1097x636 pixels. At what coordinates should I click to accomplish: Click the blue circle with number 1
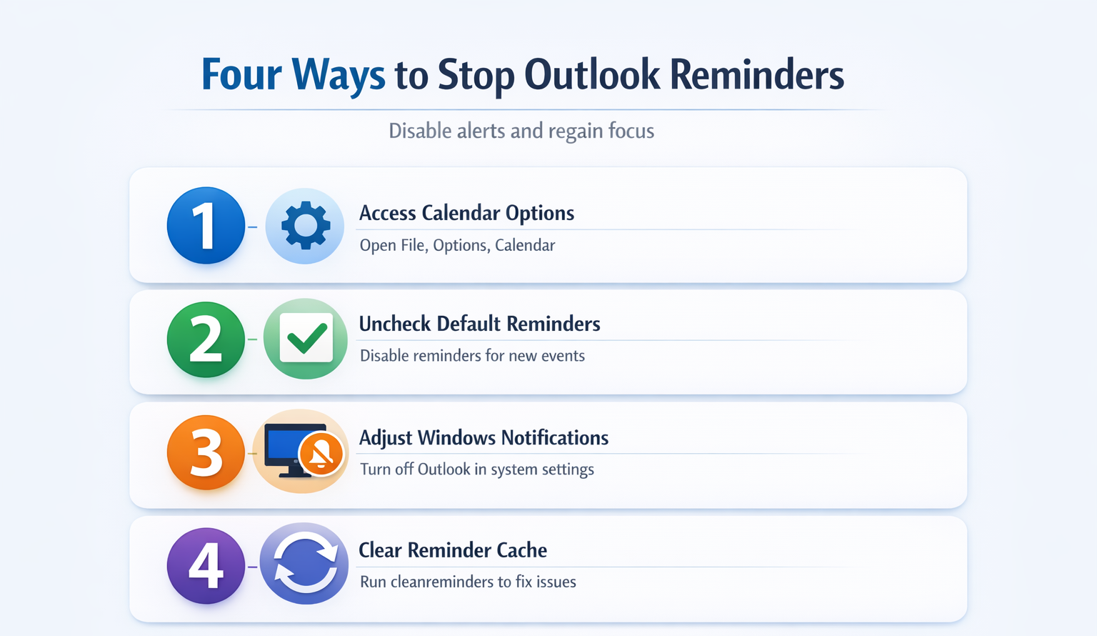click(206, 225)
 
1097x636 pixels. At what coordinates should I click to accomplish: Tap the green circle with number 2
click(206, 339)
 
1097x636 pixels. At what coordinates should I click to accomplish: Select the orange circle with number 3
click(206, 452)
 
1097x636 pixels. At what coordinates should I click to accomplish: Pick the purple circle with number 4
click(206, 566)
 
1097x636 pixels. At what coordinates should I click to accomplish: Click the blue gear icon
click(306, 225)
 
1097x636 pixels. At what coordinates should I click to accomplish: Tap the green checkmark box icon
click(306, 337)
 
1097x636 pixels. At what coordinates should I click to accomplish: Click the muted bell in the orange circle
click(321, 454)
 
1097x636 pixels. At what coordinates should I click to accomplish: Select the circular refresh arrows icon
click(305, 564)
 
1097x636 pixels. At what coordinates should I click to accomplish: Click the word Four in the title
click(241, 74)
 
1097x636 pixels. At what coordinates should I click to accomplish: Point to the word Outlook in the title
click(591, 74)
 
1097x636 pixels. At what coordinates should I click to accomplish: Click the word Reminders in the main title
click(757, 74)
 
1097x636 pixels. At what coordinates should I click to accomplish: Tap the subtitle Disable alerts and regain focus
click(521, 131)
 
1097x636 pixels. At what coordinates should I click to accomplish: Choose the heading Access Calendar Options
click(466, 213)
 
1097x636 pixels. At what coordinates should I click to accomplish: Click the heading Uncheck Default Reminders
click(479, 324)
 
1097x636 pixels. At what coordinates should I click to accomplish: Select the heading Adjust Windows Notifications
click(484, 437)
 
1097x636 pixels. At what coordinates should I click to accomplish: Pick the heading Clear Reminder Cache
click(453, 550)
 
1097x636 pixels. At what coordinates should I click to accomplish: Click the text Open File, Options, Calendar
click(457, 245)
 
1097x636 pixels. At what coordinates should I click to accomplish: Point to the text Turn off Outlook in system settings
click(477, 469)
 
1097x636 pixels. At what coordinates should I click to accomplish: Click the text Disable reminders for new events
click(472, 355)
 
